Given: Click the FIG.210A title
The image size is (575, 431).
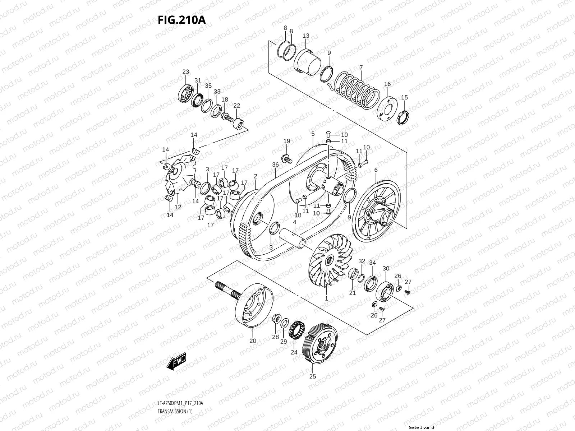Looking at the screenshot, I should (x=181, y=20).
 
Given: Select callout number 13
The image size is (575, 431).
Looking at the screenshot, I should (x=306, y=36).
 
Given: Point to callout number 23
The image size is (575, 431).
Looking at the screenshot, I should (x=185, y=72).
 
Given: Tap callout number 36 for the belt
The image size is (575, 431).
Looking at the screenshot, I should (x=276, y=165).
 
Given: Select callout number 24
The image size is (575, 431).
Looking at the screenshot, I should (x=294, y=352).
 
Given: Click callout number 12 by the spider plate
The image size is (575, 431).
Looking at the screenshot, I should (x=178, y=207).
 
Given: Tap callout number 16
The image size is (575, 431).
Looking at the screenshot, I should (x=387, y=84).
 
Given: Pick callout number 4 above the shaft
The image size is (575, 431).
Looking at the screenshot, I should (x=294, y=222).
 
